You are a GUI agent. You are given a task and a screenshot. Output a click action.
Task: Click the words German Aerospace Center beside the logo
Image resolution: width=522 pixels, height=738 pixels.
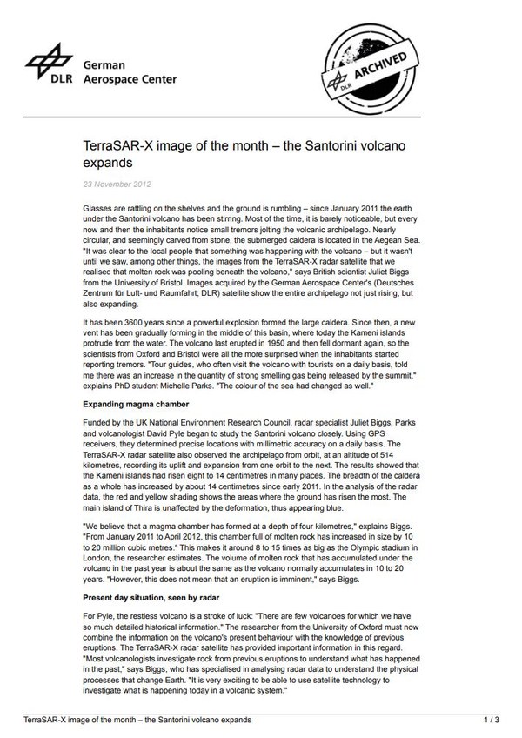click(x=129, y=71)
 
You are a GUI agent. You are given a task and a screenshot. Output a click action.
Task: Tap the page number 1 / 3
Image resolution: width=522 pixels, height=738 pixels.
click(x=491, y=721)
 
